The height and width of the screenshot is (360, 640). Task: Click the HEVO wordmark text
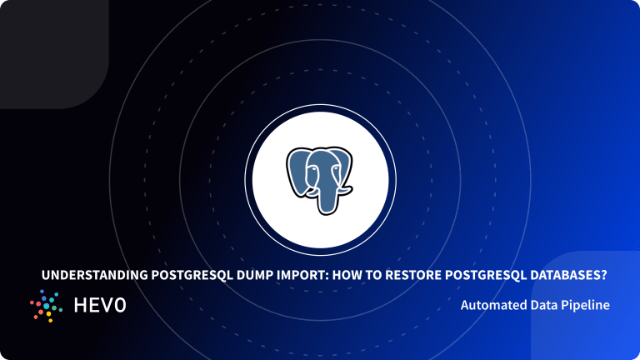pos(99,306)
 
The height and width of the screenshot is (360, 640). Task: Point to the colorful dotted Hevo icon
pos(47,306)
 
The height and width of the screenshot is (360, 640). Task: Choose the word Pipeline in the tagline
pos(587,306)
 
